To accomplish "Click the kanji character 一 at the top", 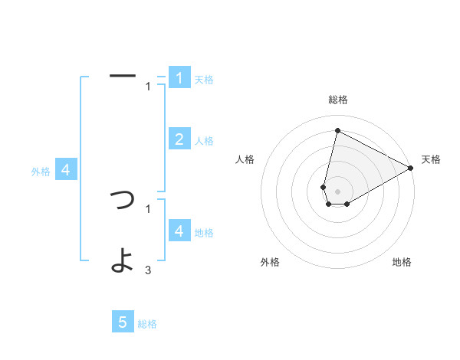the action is [123, 76].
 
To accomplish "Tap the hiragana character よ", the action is [123, 260].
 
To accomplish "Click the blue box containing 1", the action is [179, 78].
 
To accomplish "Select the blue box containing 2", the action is [179, 139].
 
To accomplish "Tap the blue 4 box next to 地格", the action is [179, 231].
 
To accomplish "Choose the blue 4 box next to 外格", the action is [66, 170].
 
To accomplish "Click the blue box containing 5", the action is [123, 322].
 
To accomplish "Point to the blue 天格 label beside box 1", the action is [204, 79].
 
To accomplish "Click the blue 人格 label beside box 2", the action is [204, 140].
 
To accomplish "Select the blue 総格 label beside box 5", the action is [147, 324].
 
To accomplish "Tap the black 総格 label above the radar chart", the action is [337, 100].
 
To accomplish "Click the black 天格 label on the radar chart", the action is [431, 159].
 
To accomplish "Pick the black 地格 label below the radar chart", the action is [402, 262].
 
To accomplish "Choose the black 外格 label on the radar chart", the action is [270, 262].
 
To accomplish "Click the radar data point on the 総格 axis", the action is [337, 130].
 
